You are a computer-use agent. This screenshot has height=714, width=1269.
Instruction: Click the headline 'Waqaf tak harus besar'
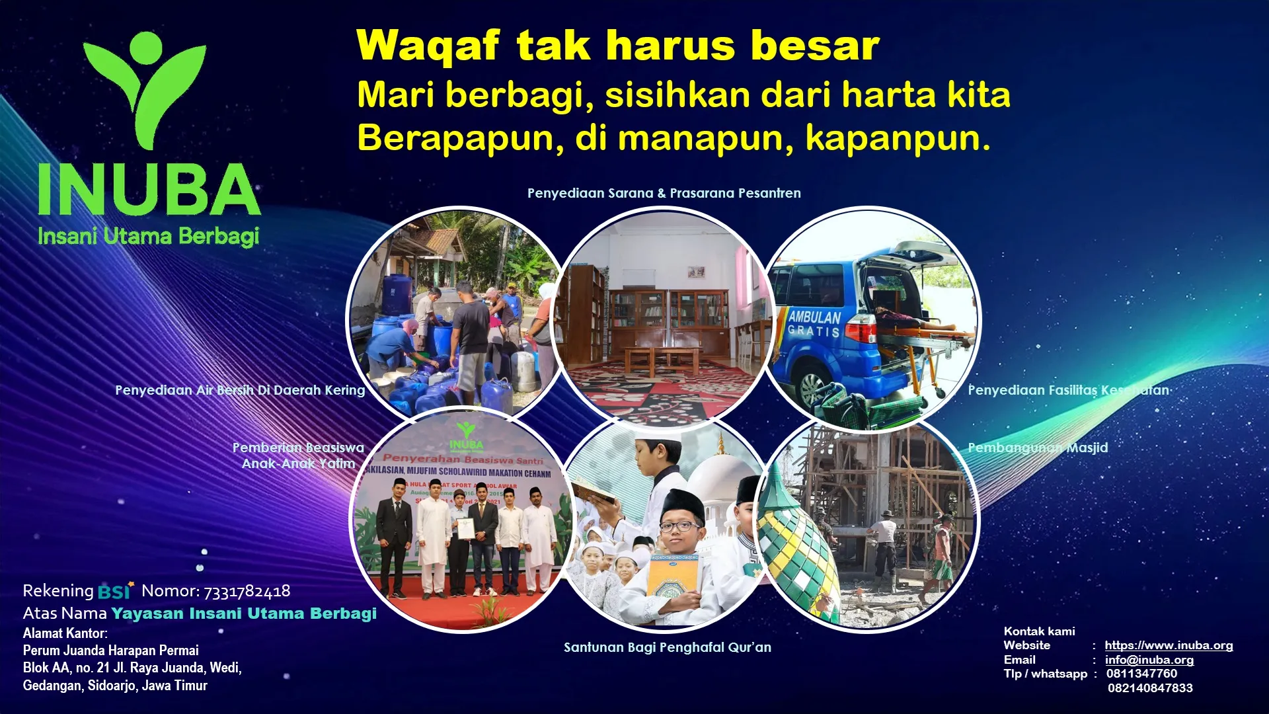[x=617, y=46]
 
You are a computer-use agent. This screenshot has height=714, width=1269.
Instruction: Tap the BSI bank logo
[x=115, y=591]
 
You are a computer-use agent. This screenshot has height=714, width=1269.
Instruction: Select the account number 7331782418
[x=247, y=591]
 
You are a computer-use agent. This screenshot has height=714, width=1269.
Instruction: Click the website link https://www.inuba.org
[x=1169, y=645]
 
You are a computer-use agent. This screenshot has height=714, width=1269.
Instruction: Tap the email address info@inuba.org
[x=1149, y=660]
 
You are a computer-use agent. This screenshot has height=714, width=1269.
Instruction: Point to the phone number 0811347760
[x=1141, y=674]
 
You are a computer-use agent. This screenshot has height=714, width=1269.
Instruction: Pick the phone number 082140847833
[x=1150, y=688]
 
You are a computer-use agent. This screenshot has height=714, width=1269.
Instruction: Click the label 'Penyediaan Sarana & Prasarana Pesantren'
[x=664, y=193]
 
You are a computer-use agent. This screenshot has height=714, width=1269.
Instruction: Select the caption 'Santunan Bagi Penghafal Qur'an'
[x=667, y=647]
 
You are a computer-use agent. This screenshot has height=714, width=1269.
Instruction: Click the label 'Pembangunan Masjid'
[x=1038, y=448]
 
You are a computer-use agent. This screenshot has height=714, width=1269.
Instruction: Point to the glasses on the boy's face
[x=679, y=527]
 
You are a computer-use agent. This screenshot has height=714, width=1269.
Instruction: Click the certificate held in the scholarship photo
[x=466, y=529]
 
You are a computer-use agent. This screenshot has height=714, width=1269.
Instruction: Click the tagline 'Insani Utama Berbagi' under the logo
[x=148, y=236]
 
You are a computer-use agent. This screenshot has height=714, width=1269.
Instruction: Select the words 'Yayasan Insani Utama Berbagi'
[x=243, y=614]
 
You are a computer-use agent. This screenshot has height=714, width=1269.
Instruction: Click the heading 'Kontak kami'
[x=1039, y=631]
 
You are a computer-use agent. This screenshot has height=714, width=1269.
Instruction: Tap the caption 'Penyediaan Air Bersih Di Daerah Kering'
[x=240, y=390]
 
